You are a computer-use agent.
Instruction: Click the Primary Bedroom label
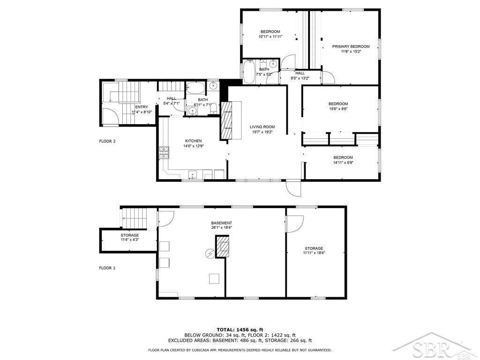[x=351, y=46]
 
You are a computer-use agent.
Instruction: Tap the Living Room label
[x=262, y=127]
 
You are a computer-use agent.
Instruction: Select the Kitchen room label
[x=194, y=141]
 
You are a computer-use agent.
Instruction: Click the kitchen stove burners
[x=164, y=153]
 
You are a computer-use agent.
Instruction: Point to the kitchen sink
[x=193, y=175]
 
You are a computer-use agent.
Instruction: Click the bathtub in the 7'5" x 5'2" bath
[x=249, y=72]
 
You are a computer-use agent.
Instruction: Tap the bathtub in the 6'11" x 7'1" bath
[x=196, y=88]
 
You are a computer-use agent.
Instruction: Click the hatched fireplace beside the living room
[x=226, y=120]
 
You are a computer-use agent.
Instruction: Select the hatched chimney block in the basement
[x=223, y=247]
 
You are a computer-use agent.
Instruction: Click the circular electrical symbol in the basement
[x=210, y=253]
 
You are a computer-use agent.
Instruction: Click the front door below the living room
[x=293, y=188]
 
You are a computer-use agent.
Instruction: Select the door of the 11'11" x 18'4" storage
[x=294, y=224]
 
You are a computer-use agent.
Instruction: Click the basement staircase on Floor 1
[x=134, y=218]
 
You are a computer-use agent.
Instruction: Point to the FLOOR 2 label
[x=107, y=142]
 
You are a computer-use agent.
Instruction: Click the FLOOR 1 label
[x=107, y=268]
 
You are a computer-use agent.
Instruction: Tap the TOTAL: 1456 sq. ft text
[x=240, y=330]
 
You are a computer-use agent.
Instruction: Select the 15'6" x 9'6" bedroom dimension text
[x=338, y=109]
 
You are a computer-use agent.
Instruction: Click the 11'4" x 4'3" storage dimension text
[x=130, y=240]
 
